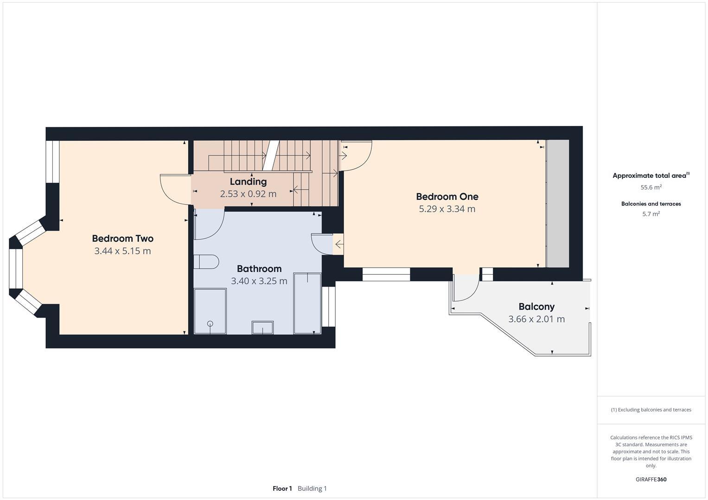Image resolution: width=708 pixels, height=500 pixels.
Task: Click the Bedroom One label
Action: pyautogui.click(x=447, y=197)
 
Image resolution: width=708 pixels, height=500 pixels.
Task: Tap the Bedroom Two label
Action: pyautogui.click(x=122, y=239)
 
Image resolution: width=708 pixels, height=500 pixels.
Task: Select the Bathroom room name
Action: pyautogui.click(x=259, y=269)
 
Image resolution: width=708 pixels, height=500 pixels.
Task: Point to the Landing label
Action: pyautogui.click(x=248, y=181)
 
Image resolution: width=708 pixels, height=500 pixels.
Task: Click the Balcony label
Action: pyautogui.click(x=536, y=306)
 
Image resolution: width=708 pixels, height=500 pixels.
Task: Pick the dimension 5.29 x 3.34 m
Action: pyautogui.click(x=447, y=209)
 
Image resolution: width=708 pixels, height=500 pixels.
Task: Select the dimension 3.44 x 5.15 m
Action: pyautogui.click(x=122, y=251)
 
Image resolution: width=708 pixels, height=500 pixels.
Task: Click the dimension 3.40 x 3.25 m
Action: pyautogui.click(x=259, y=281)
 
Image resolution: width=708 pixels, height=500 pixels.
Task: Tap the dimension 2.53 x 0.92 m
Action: pyautogui.click(x=248, y=194)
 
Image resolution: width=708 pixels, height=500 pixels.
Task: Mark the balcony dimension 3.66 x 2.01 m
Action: pyautogui.click(x=536, y=319)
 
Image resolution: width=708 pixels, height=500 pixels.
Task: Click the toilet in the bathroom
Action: pyautogui.click(x=206, y=262)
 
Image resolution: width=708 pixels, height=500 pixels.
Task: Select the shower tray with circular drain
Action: pyautogui.click(x=210, y=311)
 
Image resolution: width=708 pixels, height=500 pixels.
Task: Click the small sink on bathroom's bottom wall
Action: pyautogui.click(x=262, y=327)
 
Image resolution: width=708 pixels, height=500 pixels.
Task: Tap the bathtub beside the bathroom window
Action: pyautogui.click(x=307, y=303)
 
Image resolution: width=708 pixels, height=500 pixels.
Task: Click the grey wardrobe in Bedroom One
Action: pyautogui.click(x=558, y=204)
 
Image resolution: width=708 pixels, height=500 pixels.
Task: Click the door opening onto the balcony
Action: pyautogui.click(x=466, y=288)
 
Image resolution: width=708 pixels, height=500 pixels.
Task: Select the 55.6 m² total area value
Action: pyautogui.click(x=651, y=187)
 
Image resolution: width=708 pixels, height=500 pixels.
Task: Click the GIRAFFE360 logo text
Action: pyautogui.click(x=651, y=479)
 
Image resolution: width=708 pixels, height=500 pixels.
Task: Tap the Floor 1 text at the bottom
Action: pyautogui.click(x=282, y=488)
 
